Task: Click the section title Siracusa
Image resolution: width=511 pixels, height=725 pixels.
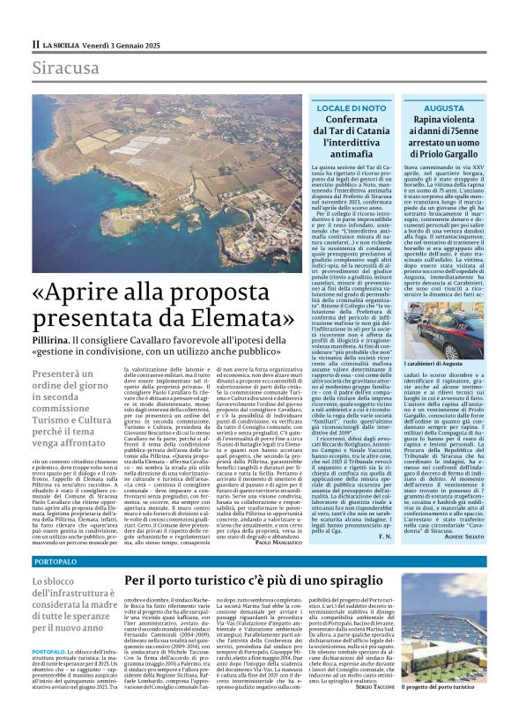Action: click(x=65, y=68)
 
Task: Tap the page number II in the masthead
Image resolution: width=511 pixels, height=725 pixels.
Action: click(x=36, y=42)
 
